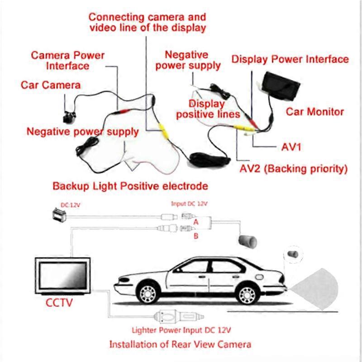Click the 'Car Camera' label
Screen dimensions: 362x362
tap(51, 85)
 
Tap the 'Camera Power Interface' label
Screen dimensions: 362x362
tap(67, 61)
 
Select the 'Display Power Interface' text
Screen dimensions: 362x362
tap(290, 59)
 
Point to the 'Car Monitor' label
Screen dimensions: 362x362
tap(315, 112)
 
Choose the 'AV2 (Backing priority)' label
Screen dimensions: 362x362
tap(293, 169)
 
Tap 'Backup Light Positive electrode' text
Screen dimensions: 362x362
tap(130, 186)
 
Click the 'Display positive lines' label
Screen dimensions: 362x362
tap(208, 109)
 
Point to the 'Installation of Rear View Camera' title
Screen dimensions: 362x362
tap(180, 344)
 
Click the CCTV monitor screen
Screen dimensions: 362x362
tap(62, 276)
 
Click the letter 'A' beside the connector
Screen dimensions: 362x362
tap(195, 222)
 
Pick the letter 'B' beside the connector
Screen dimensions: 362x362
tap(195, 235)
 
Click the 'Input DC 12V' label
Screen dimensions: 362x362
tap(189, 204)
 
